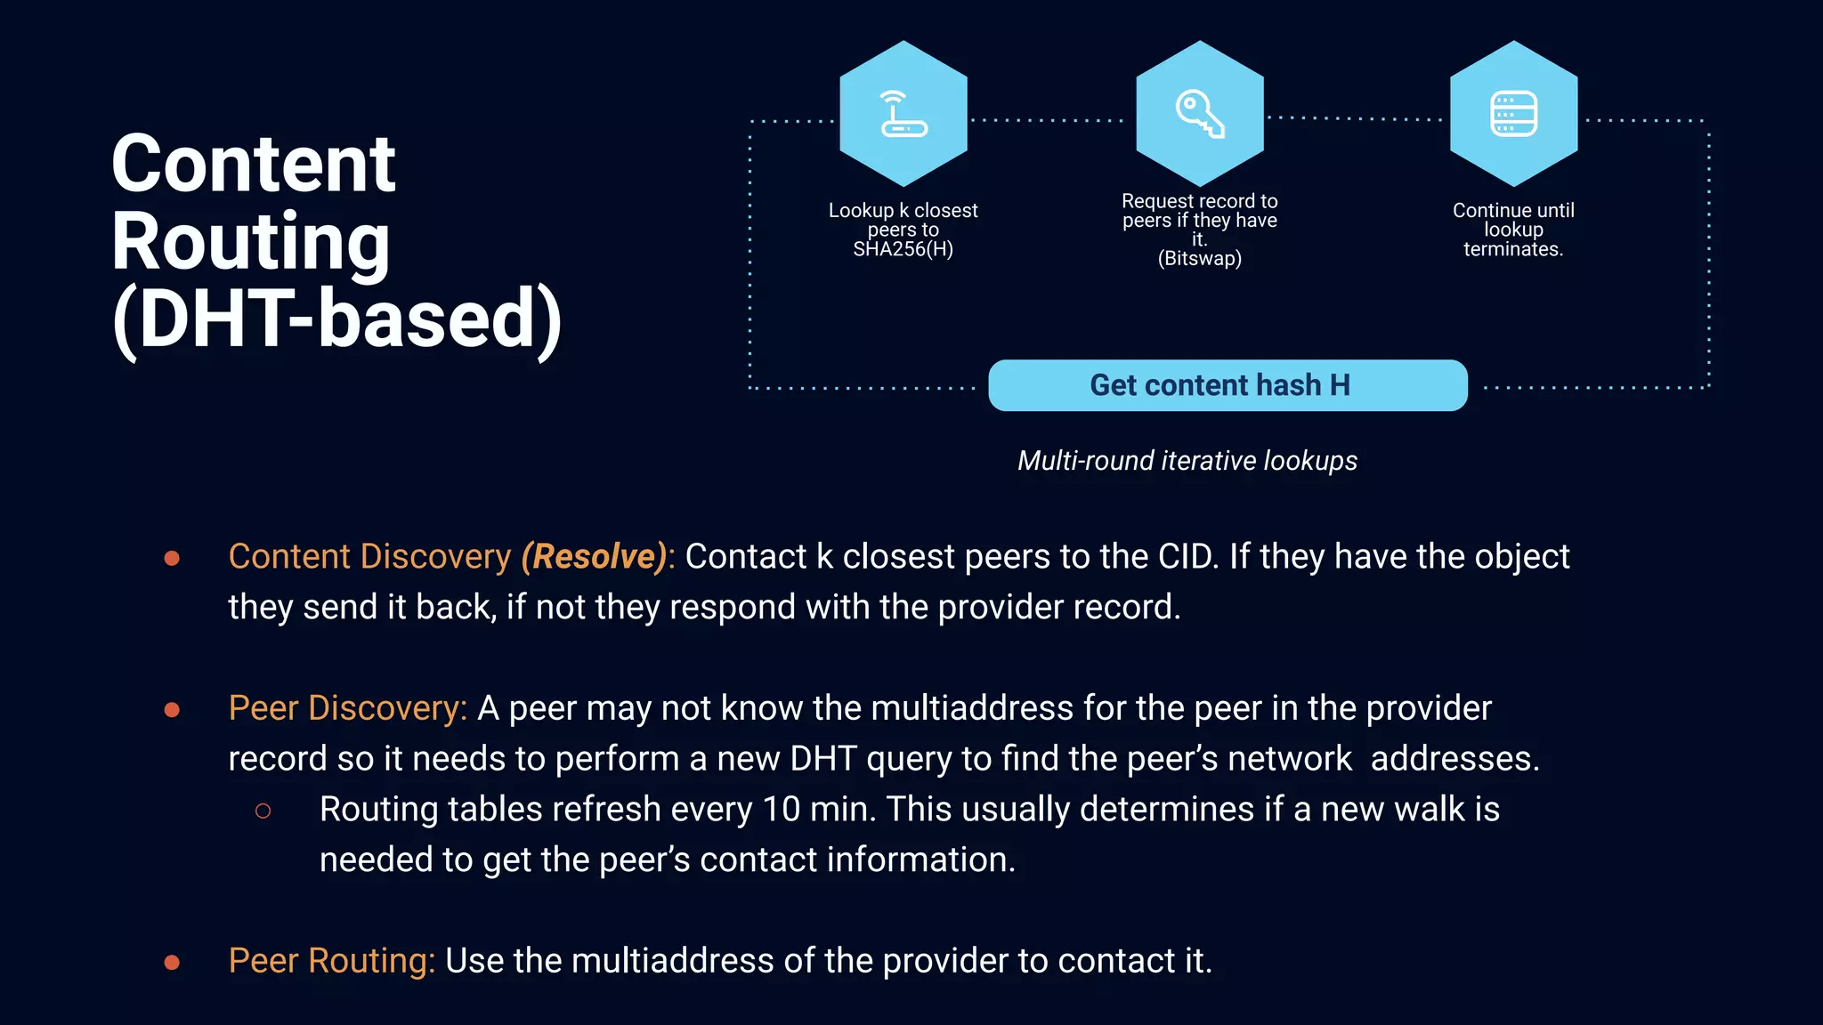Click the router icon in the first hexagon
point(903,114)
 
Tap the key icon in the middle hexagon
point(1200,114)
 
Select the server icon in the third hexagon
point(1513,114)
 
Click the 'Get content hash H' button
point(1227,385)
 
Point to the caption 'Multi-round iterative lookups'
point(1187,461)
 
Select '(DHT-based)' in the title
point(337,319)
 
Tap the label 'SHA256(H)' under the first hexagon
point(903,249)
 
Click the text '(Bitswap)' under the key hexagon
point(1199,259)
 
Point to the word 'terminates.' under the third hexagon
point(1513,249)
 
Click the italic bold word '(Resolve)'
point(595,557)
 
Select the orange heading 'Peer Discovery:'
point(347,708)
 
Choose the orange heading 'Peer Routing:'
point(331,961)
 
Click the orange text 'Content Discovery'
point(369,557)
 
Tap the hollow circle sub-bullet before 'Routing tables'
point(263,811)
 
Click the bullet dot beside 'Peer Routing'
point(173,962)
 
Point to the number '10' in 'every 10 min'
point(781,810)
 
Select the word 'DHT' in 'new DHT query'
point(823,759)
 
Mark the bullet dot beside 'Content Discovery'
point(173,558)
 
